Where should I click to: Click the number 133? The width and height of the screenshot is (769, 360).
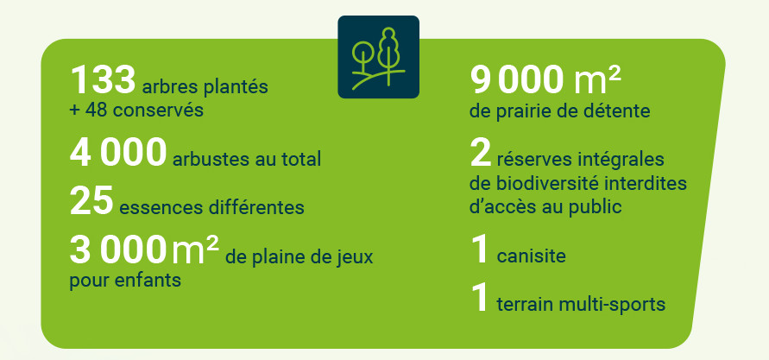[x=103, y=80]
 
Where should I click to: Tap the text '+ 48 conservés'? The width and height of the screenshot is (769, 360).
[x=136, y=110]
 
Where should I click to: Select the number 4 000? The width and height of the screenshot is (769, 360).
[x=117, y=152]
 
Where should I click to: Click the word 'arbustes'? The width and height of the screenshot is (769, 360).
[x=204, y=159]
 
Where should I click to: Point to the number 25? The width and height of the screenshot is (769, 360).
[x=91, y=200]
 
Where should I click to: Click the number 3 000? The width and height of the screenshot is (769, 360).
[x=117, y=249]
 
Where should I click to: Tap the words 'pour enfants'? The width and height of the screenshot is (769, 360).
[x=125, y=281]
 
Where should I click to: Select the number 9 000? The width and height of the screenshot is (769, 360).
[x=517, y=80]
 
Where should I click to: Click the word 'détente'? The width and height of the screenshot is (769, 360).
[x=622, y=111]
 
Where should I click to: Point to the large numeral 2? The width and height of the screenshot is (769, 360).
[x=480, y=153]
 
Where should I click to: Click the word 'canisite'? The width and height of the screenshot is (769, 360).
[x=531, y=256]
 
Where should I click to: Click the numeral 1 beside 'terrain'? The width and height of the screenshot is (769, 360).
[x=479, y=298]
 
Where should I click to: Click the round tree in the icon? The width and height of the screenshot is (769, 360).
[x=362, y=54]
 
